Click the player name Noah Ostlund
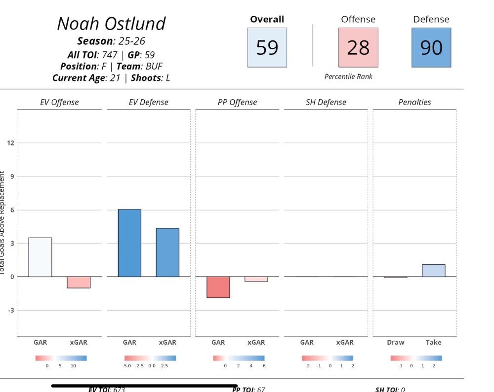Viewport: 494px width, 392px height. tap(111, 24)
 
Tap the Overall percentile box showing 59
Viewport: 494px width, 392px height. tap(267, 47)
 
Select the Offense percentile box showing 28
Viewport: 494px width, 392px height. tap(358, 47)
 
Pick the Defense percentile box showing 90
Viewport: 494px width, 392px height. tap(431, 47)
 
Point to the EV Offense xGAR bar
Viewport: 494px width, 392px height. tap(79, 282)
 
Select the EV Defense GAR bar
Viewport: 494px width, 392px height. tap(129, 243)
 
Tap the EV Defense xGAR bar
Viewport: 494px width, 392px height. tap(167, 252)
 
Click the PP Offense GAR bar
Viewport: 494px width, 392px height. tap(218, 287)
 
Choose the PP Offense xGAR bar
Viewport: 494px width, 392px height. tap(256, 279)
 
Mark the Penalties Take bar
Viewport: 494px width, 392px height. tap(433, 271)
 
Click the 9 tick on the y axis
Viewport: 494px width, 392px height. tap(10, 177)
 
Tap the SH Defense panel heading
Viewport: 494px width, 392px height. tap(326, 103)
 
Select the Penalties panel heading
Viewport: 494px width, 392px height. tap(414, 103)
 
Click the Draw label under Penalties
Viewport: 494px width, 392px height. tap(395, 342)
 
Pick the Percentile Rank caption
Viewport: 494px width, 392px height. tap(348, 76)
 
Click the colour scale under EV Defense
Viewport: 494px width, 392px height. tap(150, 358)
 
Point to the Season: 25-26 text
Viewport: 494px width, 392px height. tap(111, 41)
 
